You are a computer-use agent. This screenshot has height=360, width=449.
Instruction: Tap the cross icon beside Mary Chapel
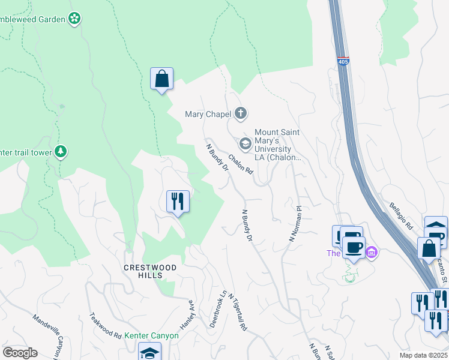click(x=241, y=113)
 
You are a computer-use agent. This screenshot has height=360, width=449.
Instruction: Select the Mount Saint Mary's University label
click(x=277, y=145)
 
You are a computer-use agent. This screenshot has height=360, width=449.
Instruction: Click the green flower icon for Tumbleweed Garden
click(x=74, y=19)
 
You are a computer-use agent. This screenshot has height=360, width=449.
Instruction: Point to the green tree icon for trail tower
click(x=61, y=152)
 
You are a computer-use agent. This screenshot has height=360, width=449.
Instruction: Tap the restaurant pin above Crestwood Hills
click(x=178, y=201)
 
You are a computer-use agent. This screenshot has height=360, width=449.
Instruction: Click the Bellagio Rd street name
click(x=400, y=216)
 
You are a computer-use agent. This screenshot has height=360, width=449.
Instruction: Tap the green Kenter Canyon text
click(x=152, y=335)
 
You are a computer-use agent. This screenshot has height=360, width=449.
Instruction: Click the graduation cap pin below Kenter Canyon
click(x=149, y=352)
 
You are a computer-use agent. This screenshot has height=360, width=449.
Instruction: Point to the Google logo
click(x=20, y=353)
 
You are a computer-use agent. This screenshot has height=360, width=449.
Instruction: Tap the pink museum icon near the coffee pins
click(x=372, y=253)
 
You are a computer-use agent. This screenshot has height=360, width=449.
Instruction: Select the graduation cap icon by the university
click(x=245, y=143)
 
